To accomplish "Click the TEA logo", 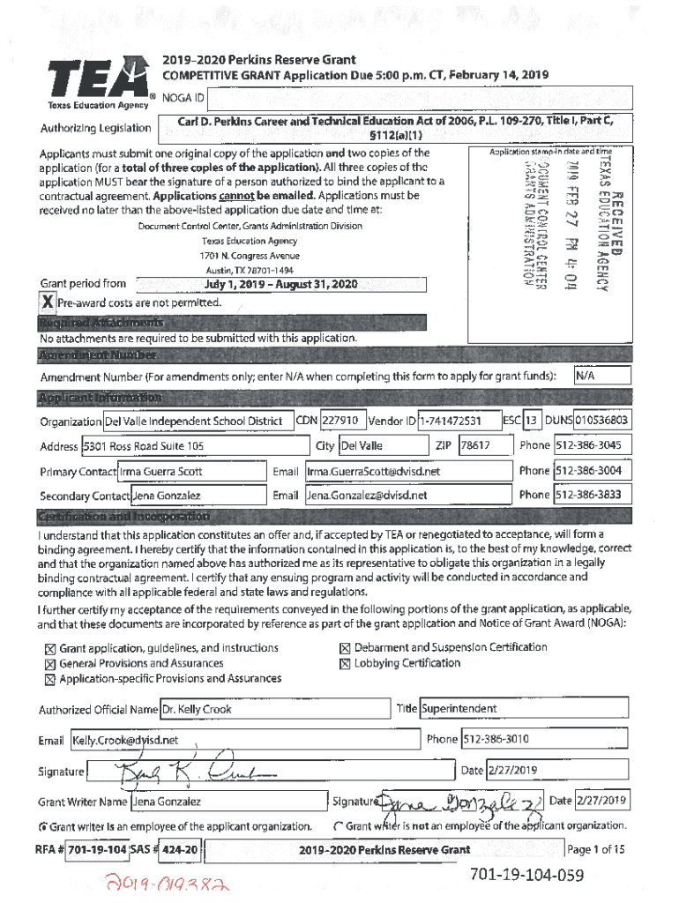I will (96, 80).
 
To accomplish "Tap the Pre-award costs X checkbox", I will (48, 302).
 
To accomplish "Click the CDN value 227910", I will (340, 421).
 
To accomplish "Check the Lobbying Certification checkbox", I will (345, 664).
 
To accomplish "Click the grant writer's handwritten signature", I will (459, 802).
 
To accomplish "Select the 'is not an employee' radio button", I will (338, 826).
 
